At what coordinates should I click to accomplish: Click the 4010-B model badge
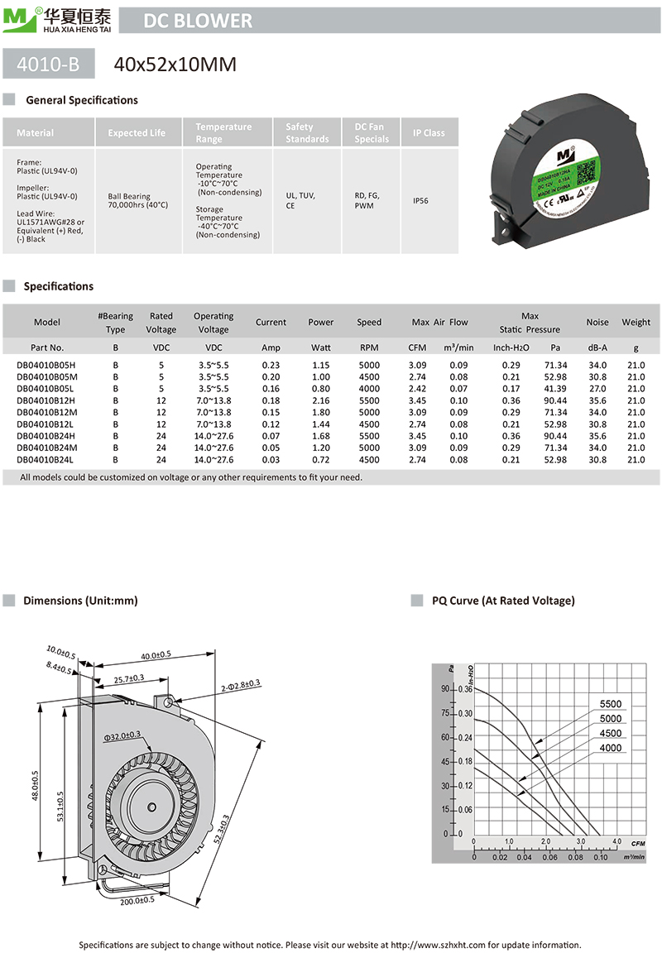tap(49, 64)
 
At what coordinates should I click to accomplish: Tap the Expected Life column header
tap(137, 132)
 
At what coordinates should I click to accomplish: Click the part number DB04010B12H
tap(46, 400)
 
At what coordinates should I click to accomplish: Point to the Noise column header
tap(597, 322)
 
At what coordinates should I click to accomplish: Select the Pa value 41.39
tap(555, 388)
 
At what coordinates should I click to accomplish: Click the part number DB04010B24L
tap(46, 459)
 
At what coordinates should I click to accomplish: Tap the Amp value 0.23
tap(271, 365)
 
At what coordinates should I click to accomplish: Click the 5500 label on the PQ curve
tap(610, 704)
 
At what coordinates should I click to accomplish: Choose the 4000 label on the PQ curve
tap(610, 748)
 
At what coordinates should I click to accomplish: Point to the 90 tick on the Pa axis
tap(445, 688)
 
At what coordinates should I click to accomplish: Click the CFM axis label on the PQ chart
tap(637, 843)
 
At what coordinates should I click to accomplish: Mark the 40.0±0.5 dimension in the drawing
tap(156, 655)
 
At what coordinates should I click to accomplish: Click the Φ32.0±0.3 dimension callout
tap(122, 734)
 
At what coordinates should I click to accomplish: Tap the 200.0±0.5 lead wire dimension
tap(137, 900)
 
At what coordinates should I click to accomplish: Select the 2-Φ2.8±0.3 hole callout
tap(241, 683)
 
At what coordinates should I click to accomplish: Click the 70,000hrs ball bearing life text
tap(137, 201)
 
